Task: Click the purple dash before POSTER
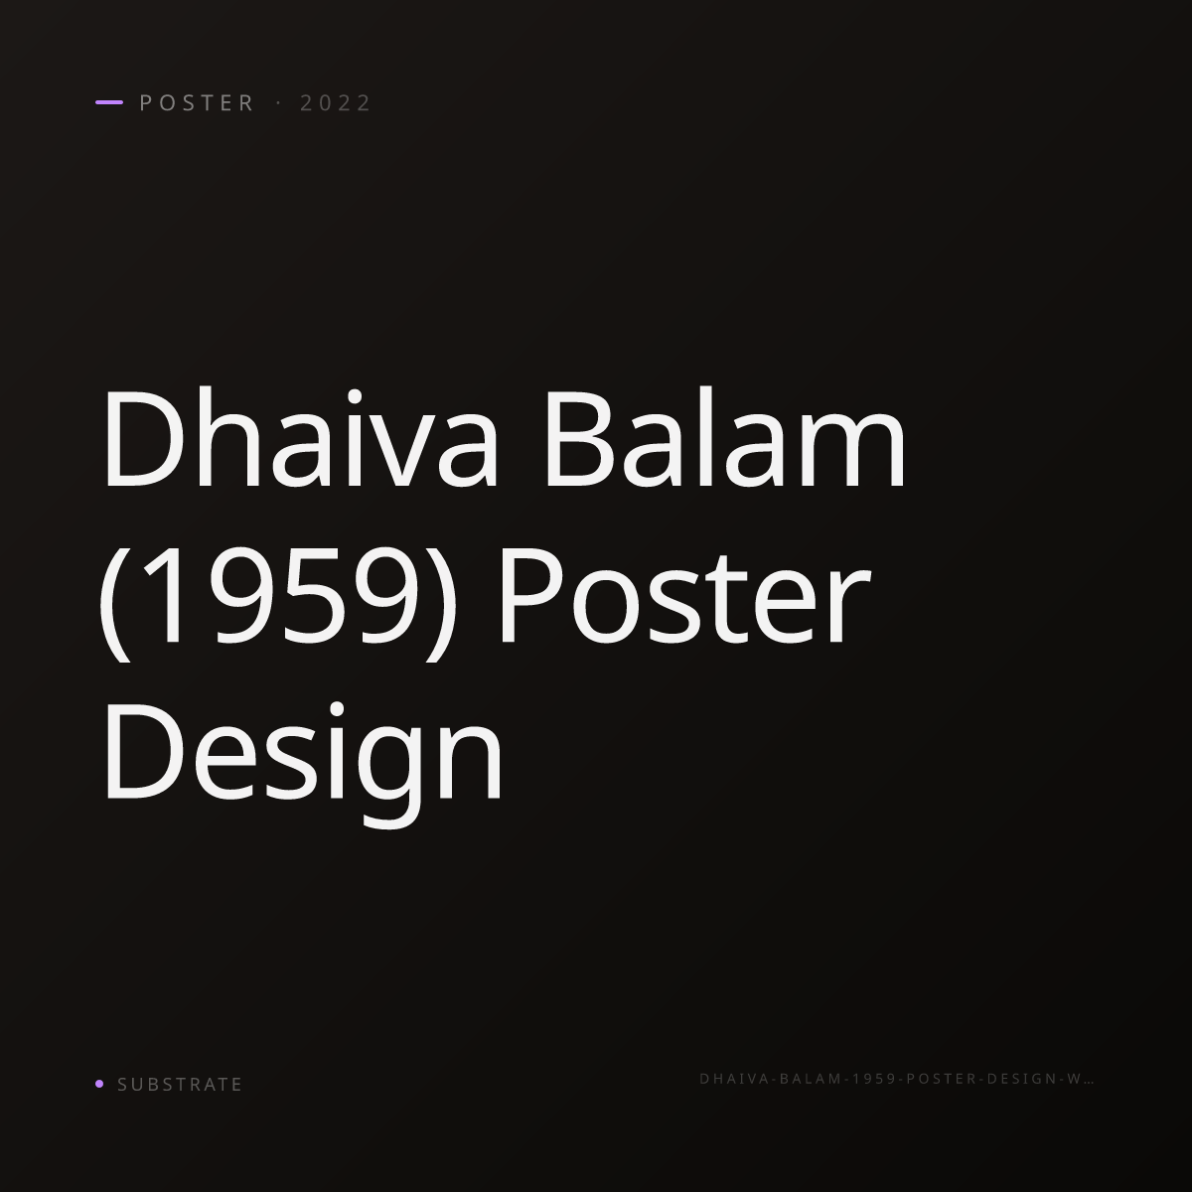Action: (109, 102)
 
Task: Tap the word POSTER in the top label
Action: (197, 102)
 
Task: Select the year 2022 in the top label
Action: (336, 102)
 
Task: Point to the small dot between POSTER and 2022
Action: (278, 102)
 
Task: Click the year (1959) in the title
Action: (277, 603)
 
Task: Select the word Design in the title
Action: (303, 765)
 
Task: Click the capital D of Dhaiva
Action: (143, 437)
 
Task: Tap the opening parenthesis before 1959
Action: (115, 603)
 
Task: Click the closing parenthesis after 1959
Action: (440, 603)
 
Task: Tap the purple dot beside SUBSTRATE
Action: (99, 1083)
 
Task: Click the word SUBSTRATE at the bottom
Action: (180, 1084)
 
